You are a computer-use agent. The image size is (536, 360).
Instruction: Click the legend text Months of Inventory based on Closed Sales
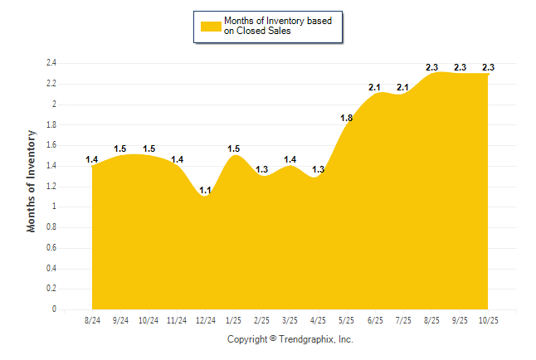(279, 27)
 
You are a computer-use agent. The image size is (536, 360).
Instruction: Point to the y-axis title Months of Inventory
(32, 180)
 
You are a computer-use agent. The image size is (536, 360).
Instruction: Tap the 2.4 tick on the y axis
(51, 63)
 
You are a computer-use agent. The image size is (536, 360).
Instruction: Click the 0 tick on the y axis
(54, 309)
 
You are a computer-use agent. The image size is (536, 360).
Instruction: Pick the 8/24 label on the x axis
(92, 320)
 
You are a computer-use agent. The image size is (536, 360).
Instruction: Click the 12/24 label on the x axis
(205, 320)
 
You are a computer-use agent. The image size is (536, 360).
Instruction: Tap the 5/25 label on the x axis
(347, 320)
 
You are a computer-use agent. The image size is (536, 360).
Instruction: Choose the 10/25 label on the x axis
(488, 320)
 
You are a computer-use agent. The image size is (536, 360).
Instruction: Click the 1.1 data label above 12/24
(205, 190)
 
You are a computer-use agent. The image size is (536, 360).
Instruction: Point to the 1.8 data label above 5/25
(347, 119)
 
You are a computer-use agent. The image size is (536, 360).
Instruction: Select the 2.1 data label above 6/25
(374, 87)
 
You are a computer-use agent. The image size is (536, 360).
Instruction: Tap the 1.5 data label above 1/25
(234, 149)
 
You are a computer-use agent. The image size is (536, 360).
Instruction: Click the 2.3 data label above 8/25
(431, 67)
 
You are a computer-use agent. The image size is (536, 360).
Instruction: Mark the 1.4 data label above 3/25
(290, 159)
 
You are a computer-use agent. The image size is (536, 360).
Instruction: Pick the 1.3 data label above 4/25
(318, 169)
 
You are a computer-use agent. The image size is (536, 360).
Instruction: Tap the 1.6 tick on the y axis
(51, 145)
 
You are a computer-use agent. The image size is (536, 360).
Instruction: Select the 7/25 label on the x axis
(403, 320)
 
